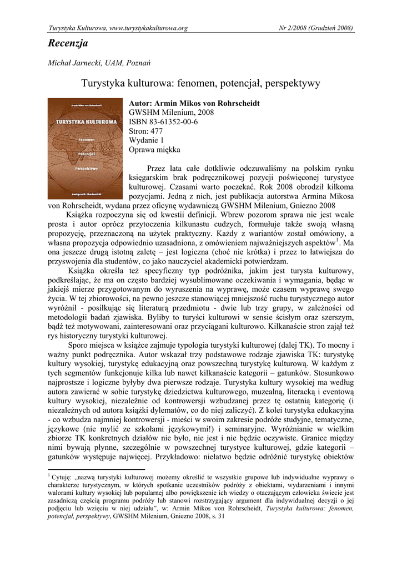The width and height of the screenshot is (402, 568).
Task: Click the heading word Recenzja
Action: (68, 43)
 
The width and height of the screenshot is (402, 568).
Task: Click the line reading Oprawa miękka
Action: (154, 149)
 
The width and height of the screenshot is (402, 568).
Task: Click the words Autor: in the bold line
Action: (141, 103)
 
